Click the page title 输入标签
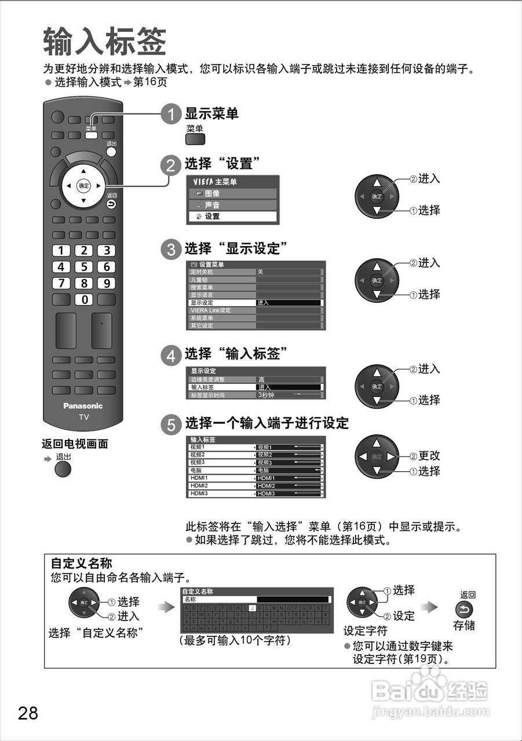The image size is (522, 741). [104, 42]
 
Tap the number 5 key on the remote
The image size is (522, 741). [84, 267]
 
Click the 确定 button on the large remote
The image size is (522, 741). [84, 186]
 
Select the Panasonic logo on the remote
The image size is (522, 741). [83, 406]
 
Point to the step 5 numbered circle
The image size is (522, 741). [171, 425]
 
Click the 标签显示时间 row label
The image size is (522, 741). [207, 395]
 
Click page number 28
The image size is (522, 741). [28, 713]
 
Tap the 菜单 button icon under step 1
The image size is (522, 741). [195, 139]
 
